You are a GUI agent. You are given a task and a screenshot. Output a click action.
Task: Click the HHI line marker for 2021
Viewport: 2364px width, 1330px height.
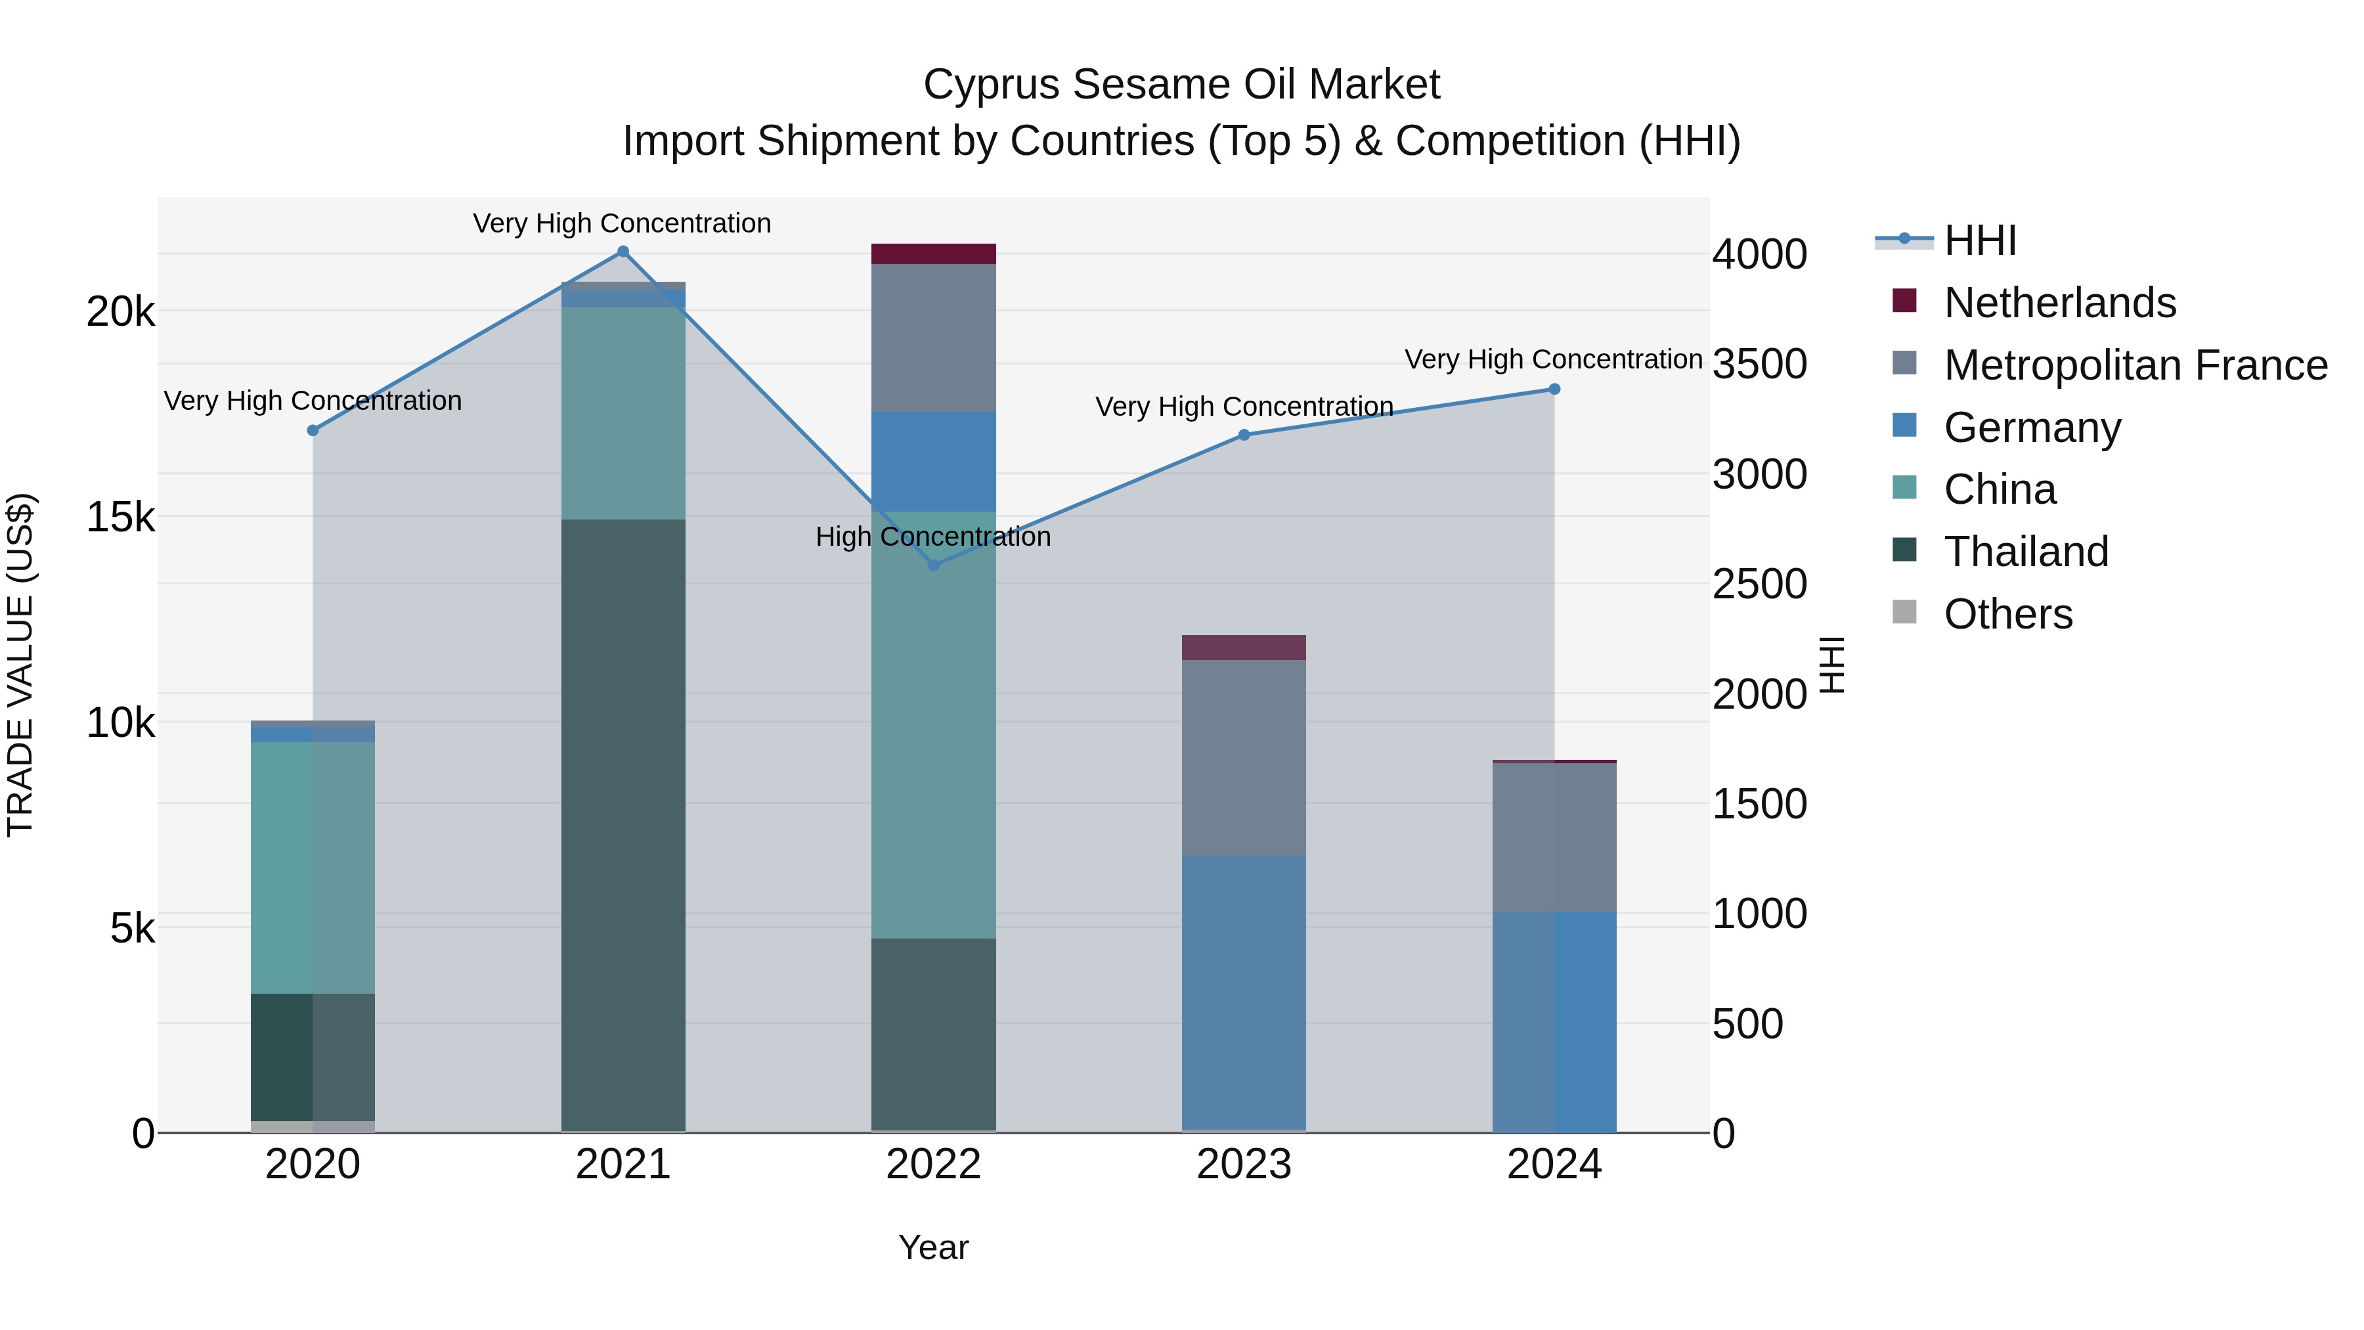[623, 252]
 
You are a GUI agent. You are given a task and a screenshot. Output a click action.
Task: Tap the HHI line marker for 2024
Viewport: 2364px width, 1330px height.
[1554, 389]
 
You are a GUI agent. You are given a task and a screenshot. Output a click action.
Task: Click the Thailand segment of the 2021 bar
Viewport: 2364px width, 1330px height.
[623, 826]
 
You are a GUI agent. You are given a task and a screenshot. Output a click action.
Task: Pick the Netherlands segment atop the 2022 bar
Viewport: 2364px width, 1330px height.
[933, 254]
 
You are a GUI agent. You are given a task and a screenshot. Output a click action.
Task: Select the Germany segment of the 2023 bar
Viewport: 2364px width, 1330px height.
[1244, 991]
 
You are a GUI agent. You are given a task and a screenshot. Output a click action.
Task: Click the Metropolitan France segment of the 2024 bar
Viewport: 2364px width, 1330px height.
[1554, 837]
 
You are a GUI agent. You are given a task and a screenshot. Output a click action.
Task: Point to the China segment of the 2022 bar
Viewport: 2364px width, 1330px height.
[933, 725]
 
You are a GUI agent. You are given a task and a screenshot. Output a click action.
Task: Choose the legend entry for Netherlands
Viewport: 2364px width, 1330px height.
[2059, 303]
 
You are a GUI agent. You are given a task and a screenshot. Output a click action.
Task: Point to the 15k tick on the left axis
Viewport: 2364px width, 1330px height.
[121, 518]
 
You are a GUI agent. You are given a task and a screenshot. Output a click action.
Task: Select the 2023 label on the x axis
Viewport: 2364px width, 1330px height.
[1244, 1164]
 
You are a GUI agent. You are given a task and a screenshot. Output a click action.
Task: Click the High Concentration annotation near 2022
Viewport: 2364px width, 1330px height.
[933, 537]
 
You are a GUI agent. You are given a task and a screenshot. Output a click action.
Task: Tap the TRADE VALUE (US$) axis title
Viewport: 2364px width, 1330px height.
[20, 665]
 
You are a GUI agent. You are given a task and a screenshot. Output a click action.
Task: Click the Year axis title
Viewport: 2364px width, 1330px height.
[933, 1247]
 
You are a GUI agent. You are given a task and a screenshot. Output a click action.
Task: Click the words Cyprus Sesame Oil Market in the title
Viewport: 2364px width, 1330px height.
[1181, 85]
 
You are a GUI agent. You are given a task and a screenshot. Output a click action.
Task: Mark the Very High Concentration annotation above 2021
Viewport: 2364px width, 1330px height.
[623, 223]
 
